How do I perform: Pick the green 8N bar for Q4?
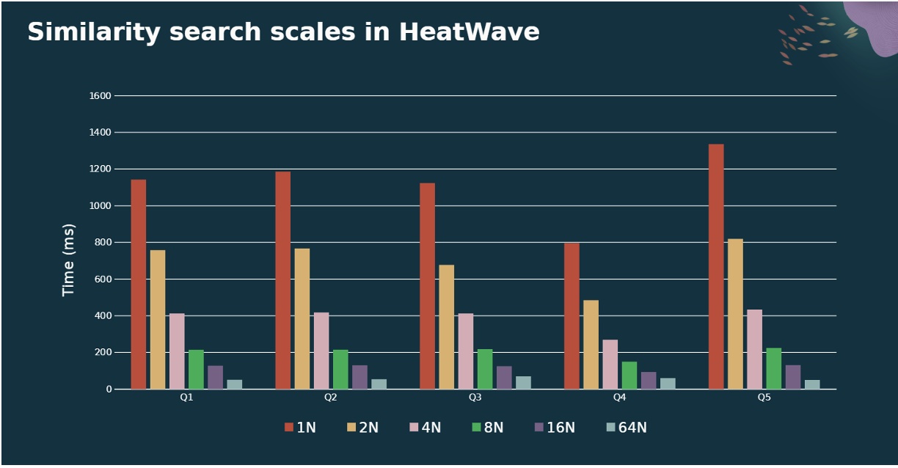coord(629,375)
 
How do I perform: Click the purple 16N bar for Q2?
coord(359,377)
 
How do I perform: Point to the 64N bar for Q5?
coord(812,384)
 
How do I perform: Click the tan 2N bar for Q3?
coord(446,326)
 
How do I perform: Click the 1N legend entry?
coord(300,428)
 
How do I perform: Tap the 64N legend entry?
coord(627,428)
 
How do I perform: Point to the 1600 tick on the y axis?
coord(101,95)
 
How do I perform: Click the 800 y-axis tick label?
coord(103,242)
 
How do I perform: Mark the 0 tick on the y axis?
coord(109,389)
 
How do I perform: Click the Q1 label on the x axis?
coord(186,397)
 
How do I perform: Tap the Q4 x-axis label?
coord(619,397)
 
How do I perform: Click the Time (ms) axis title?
coord(69,260)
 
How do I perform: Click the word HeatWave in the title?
coord(470,32)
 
